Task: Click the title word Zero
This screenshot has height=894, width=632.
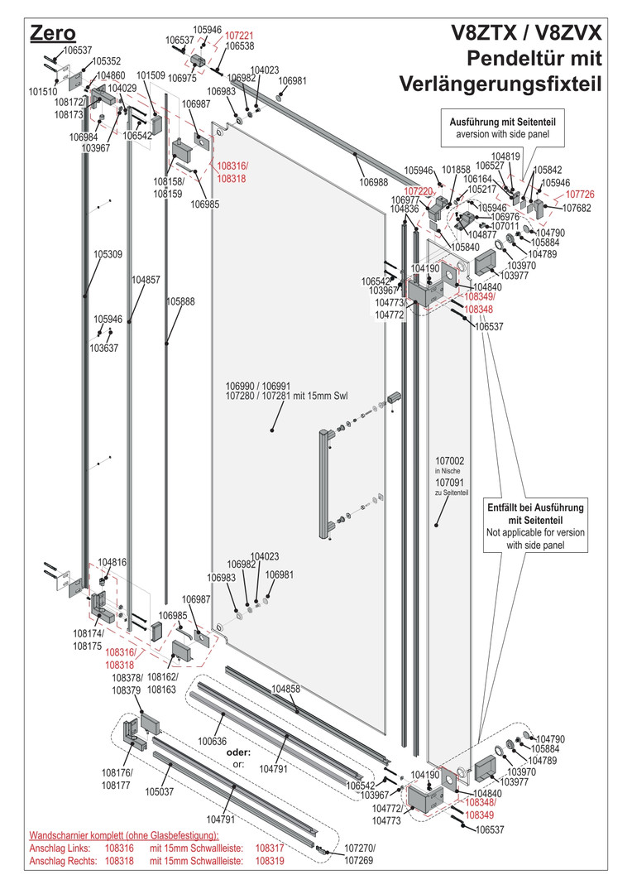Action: tap(52, 33)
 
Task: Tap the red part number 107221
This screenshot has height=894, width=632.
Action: tap(239, 36)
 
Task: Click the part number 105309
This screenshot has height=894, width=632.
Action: tap(108, 254)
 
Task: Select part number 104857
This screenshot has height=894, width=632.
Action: tap(146, 280)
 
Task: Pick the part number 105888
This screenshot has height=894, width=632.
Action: tap(180, 302)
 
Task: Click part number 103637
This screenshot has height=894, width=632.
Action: tap(105, 348)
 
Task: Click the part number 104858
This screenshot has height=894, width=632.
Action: tap(285, 689)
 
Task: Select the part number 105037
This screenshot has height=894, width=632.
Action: tap(160, 791)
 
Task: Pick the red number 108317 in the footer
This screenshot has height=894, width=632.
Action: tap(270, 848)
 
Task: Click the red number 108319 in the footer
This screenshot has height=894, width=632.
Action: tap(270, 862)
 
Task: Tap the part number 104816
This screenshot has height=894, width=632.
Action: tap(112, 562)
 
